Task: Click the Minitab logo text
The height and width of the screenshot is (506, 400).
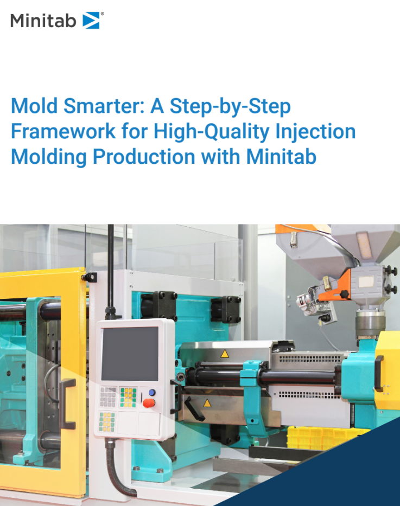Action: [x=43, y=21]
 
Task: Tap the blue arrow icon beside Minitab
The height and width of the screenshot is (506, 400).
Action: [x=90, y=21]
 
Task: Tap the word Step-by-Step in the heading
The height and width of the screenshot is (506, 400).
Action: [x=230, y=106]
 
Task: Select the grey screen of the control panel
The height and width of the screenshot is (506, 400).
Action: [x=129, y=353]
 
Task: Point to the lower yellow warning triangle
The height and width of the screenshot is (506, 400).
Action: [x=206, y=403]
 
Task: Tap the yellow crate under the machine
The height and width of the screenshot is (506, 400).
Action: [x=315, y=437]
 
